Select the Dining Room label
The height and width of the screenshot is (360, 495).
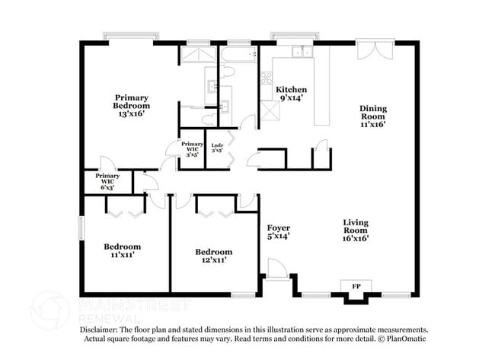[x=373, y=116]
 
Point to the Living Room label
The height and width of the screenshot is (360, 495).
[x=356, y=230]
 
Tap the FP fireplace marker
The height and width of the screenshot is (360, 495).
[x=356, y=287]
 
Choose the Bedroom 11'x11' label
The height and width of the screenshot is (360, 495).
[x=122, y=251]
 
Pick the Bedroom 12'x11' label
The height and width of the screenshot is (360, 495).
[x=214, y=256]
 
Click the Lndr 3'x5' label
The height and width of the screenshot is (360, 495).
[x=217, y=147]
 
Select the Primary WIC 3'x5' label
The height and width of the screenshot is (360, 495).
[x=192, y=148]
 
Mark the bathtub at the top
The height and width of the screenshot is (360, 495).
[x=238, y=54]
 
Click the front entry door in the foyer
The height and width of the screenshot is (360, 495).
[x=277, y=269]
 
